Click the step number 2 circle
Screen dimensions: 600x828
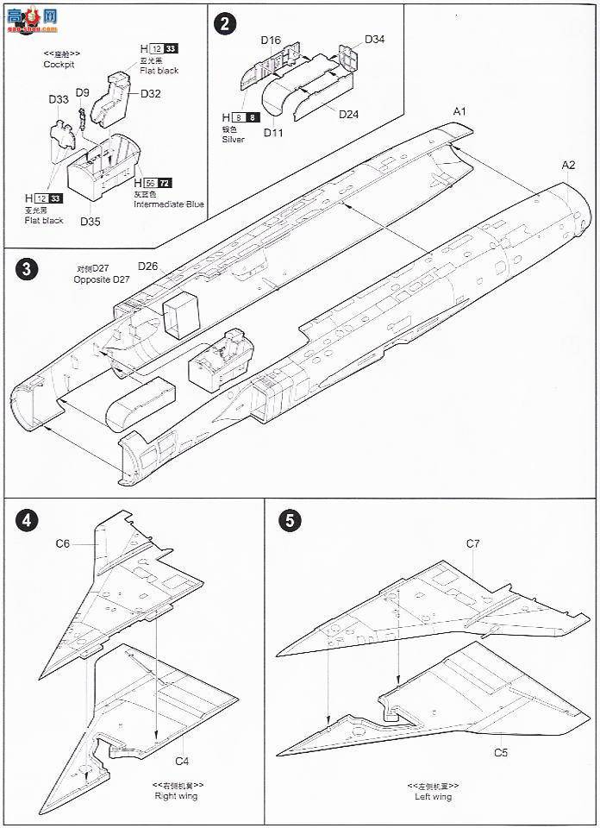(225, 23)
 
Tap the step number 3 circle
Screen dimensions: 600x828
(27, 268)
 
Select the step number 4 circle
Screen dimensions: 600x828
(27, 520)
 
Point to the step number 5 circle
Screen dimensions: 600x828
(291, 520)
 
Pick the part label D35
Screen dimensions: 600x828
(91, 221)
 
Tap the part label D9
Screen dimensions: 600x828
(83, 92)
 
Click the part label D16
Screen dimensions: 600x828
(271, 40)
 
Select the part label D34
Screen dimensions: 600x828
(374, 39)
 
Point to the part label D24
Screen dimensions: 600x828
(348, 114)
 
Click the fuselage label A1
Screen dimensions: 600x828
(459, 112)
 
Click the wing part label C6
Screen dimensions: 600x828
(63, 543)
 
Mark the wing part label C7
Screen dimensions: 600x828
(472, 543)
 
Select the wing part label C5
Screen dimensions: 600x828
(500, 752)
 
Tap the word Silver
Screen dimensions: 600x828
(233, 139)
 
